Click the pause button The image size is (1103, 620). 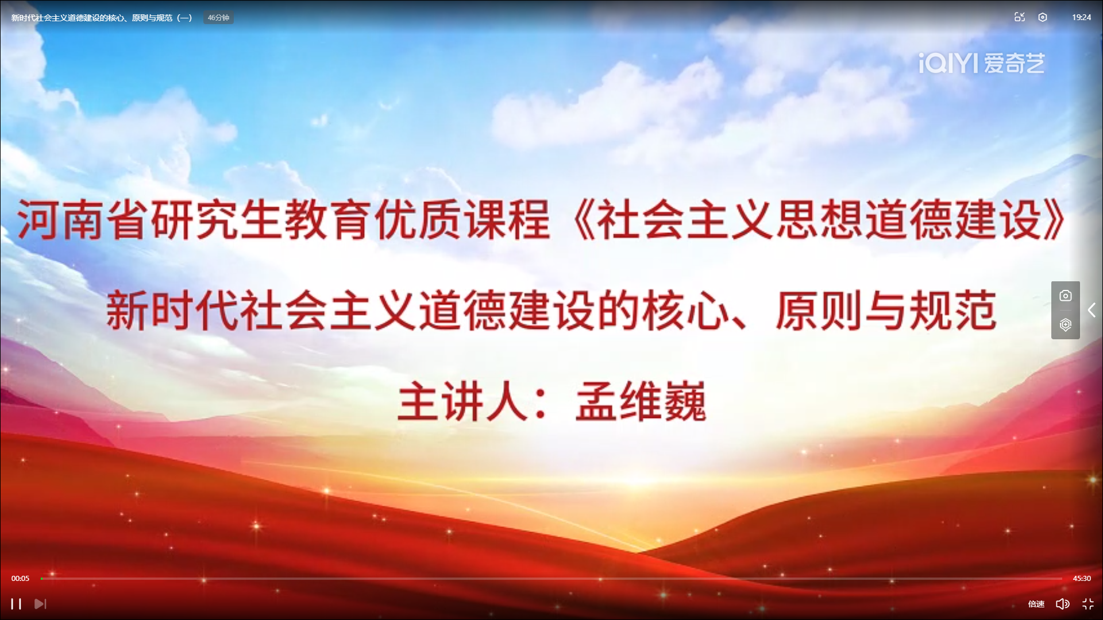(x=16, y=604)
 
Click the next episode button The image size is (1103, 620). (x=40, y=604)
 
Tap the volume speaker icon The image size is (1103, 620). (x=1062, y=604)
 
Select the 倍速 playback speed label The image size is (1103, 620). (x=1036, y=604)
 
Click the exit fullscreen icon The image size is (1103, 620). (x=1088, y=604)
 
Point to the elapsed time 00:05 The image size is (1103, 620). (x=20, y=578)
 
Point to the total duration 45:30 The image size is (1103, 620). (x=1082, y=578)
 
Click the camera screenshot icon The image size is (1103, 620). (x=1066, y=296)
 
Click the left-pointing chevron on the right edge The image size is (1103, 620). (x=1092, y=310)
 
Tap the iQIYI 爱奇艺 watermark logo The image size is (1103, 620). (x=981, y=63)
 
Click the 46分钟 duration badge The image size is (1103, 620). (x=218, y=18)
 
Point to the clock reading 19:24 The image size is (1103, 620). (x=1081, y=17)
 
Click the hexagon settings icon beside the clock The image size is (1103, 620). (x=1043, y=17)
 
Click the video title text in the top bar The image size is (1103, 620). (x=102, y=18)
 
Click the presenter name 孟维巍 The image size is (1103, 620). (x=641, y=402)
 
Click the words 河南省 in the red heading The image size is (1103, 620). (x=84, y=219)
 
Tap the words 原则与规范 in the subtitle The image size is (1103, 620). (x=886, y=311)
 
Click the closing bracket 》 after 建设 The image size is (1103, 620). (x=1055, y=219)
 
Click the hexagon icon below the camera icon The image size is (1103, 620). (x=1066, y=325)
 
